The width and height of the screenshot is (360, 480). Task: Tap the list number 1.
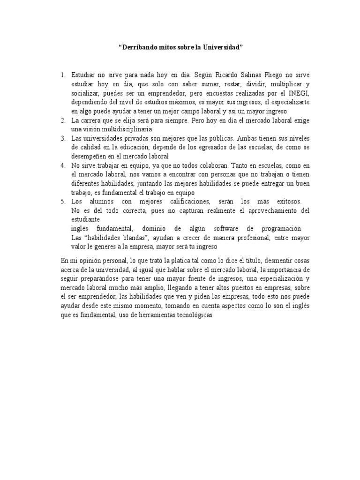coord(62,75)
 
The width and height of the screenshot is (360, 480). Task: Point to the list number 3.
coord(62,139)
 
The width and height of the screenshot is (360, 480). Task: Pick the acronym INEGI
coord(300,93)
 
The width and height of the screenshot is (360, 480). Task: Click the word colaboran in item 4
coord(217,165)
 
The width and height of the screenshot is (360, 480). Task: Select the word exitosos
coord(285,202)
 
